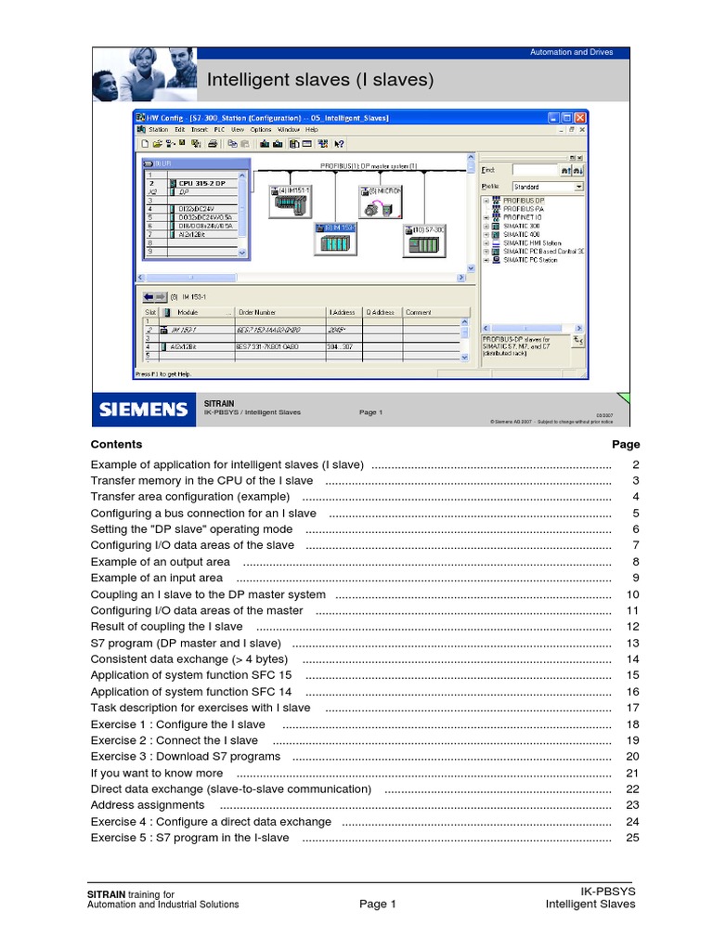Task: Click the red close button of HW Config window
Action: [x=580, y=118]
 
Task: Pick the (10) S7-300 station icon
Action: [x=425, y=242]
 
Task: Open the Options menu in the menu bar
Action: [x=261, y=130]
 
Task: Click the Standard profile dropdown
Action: [x=548, y=187]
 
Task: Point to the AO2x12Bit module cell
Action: [x=182, y=346]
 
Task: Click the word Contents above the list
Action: [x=116, y=445]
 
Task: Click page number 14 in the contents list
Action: [x=633, y=659]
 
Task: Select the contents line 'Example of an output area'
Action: [x=160, y=562]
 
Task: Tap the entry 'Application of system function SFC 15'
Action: [x=190, y=675]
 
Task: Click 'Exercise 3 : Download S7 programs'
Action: [x=185, y=757]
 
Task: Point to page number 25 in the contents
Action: [x=633, y=838]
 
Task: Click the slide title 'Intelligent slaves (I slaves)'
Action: [x=320, y=80]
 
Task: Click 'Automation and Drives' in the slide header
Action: [x=571, y=52]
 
